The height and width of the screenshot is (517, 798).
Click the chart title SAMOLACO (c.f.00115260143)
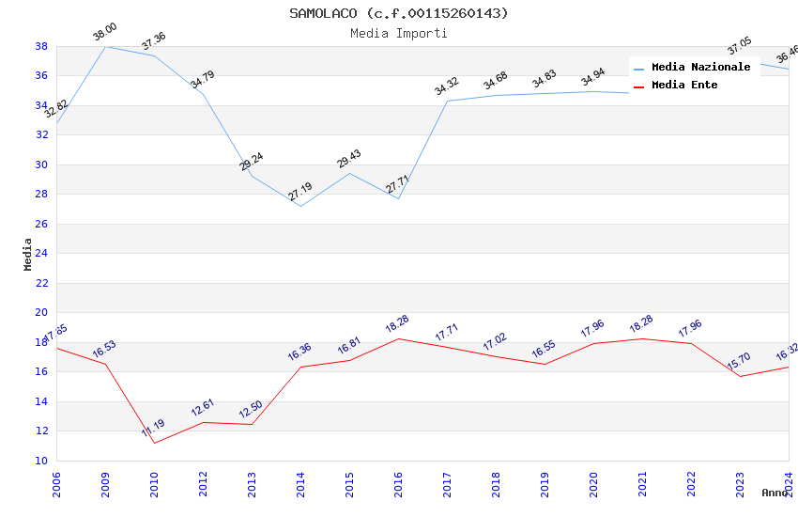pyautogui.click(x=399, y=13)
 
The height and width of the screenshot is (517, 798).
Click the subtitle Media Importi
pyautogui.click(x=399, y=33)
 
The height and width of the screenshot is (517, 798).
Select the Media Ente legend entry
pyautogui.click(x=684, y=85)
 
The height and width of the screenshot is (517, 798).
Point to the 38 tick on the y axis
pyautogui.click(x=41, y=46)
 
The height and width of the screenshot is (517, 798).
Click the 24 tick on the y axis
pyautogui.click(x=41, y=254)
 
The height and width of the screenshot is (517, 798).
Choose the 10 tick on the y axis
pyautogui.click(x=41, y=461)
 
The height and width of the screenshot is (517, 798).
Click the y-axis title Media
pyautogui.click(x=28, y=254)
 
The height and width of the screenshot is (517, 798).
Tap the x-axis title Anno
pyautogui.click(x=775, y=493)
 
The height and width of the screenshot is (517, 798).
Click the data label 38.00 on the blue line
pyautogui.click(x=105, y=34)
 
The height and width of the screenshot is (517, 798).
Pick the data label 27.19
pyautogui.click(x=300, y=192)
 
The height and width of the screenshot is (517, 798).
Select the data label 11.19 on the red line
pyautogui.click(x=154, y=429)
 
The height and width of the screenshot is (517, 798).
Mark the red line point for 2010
pyautogui.click(x=154, y=443)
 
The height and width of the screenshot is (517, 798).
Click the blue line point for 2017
pyautogui.click(x=447, y=101)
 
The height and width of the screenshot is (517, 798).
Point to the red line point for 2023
pyautogui.click(x=740, y=376)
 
